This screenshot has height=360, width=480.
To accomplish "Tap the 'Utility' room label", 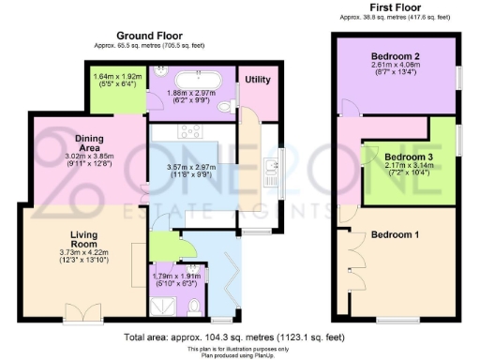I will click(257, 81).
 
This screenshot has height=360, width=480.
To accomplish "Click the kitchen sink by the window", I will click(269, 168).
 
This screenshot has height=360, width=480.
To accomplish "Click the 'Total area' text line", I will click(239, 335).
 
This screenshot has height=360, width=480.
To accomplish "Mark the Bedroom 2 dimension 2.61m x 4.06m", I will click(394, 67).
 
